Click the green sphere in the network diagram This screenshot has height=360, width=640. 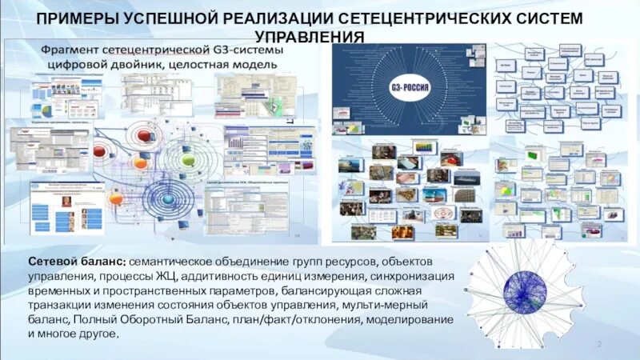pos(188,160)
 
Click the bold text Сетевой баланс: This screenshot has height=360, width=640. pos(77,262)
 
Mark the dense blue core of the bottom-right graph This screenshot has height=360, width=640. pos(525,290)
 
